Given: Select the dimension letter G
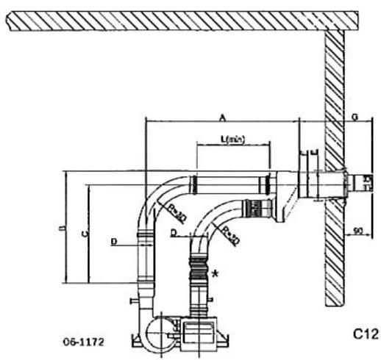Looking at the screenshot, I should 356,115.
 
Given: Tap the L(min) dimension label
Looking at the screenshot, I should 234,140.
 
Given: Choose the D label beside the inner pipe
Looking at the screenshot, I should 172,234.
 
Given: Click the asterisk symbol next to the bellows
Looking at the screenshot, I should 215,274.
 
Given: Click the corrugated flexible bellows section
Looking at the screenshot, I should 199,271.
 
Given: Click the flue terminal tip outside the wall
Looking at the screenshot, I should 363,182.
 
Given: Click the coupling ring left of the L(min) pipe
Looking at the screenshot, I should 193,183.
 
